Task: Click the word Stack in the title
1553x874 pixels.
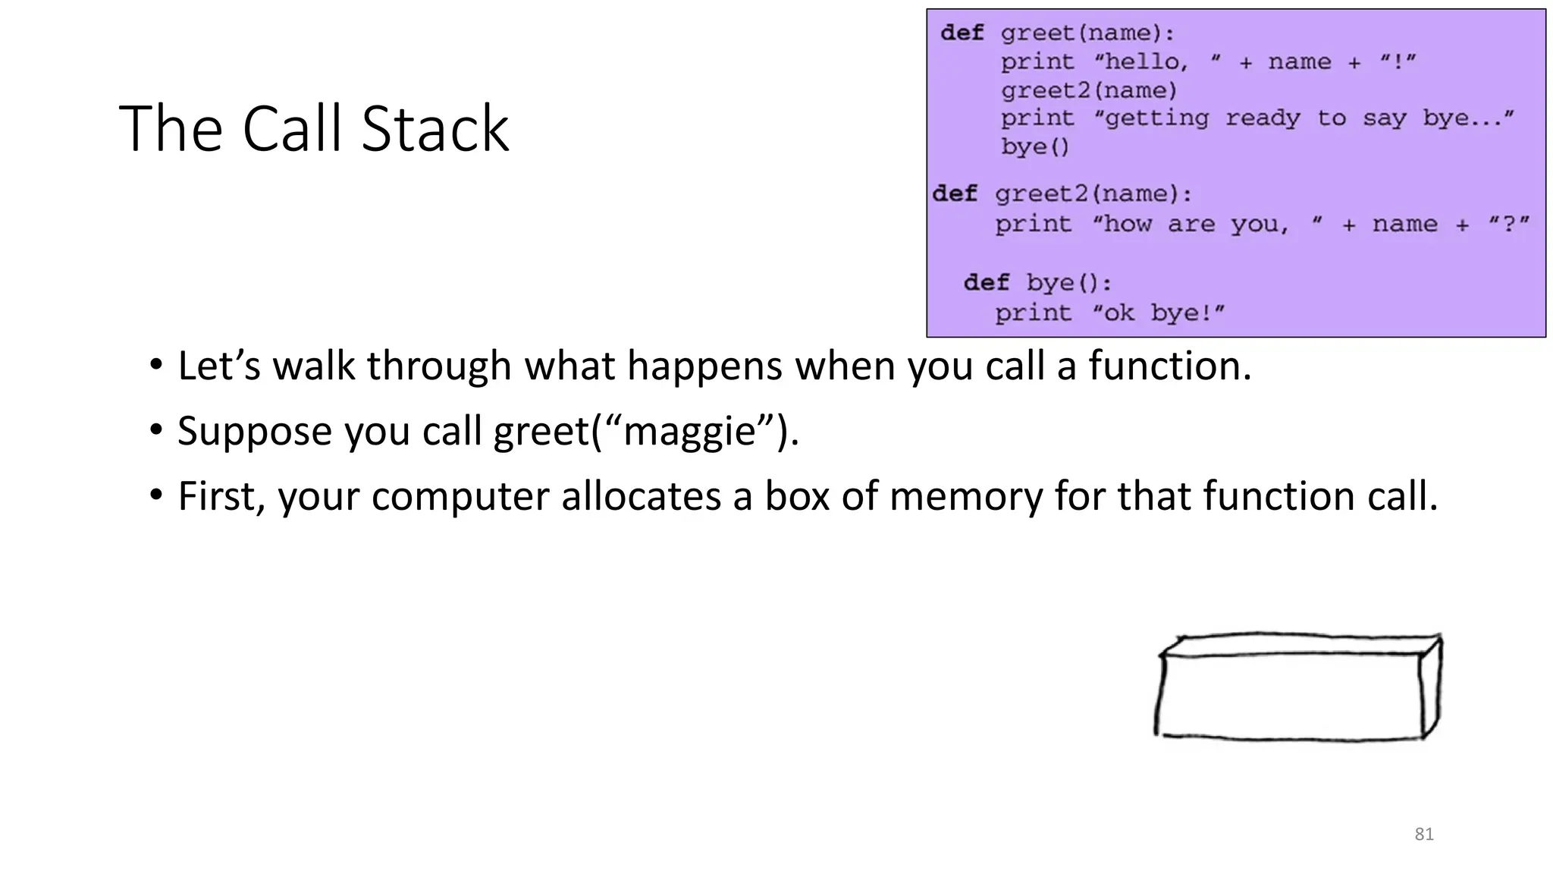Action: [x=435, y=129]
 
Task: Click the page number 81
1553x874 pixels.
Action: [x=1424, y=835]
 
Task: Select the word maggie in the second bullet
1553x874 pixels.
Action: [x=689, y=432]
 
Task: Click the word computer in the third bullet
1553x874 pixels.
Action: [x=460, y=497]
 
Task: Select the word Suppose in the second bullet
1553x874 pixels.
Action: [x=255, y=432]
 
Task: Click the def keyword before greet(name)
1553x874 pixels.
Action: [x=962, y=33]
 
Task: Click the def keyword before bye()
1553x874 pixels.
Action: [x=986, y=283]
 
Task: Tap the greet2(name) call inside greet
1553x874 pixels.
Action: [x=1088, y=91]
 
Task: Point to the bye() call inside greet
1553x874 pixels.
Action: [x=1034, y=147]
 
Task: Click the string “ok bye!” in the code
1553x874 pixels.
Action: [x=1158, y=313]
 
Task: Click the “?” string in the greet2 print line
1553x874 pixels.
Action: [x=1508, y=225]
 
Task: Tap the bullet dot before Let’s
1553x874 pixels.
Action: [x=156, y=366]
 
